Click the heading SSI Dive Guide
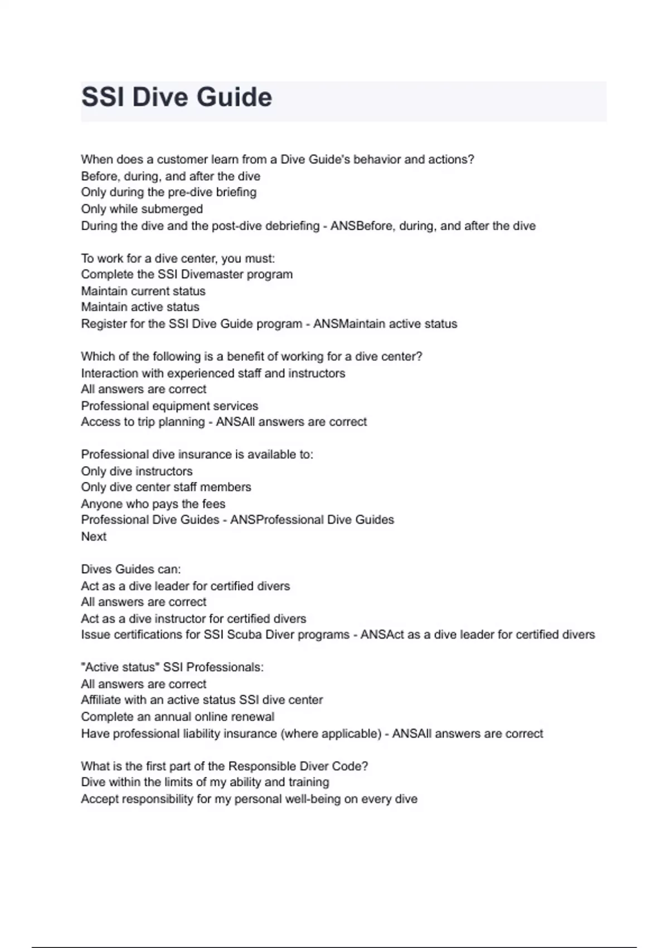[x=177, y=97]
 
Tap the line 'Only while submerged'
[x=142, y=209]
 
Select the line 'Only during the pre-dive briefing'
[x=168, y=192]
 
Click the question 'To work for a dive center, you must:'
[x=178, y=258]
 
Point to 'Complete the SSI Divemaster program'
[x=187, y=274]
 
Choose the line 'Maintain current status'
[x=143, y=291]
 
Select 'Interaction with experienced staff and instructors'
[x=213, y=373]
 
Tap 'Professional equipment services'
[x=169, y=406]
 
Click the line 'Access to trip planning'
[x=143, y=422]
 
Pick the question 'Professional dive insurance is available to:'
[x=197, y=454]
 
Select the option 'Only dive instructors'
[x=137, y=471]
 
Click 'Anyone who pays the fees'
[x=153, y=504]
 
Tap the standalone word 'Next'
[x=94, y=536]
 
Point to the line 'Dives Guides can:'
[x=131, y=569]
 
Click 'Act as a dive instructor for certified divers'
[x=193, y=618]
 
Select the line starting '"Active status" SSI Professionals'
[x=172, y=668]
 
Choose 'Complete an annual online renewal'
[x=178, y=717]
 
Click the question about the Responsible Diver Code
[x=224, y=766]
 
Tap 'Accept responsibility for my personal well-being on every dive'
[x=249, y=799]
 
